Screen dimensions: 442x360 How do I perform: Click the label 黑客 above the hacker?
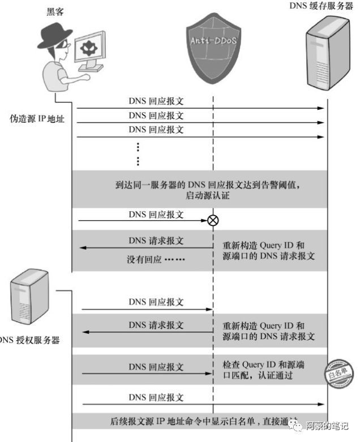(55, 11)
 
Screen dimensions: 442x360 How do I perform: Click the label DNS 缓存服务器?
(317, 6)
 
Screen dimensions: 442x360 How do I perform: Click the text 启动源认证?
(207, 196)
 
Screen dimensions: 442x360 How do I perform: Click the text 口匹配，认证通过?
(258, 375)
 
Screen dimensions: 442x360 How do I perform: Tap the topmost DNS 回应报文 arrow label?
(156, 102)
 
